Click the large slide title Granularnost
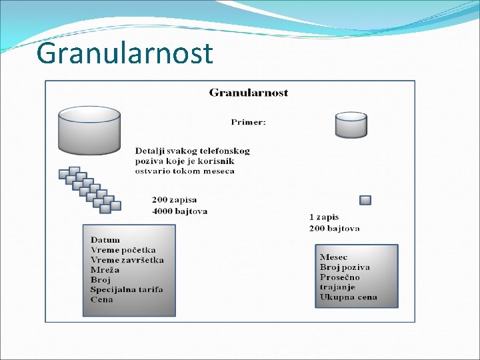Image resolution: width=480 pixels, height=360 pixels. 125,53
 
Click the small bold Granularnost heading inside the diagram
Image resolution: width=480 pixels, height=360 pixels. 248,93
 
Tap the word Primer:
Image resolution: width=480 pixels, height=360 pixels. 248,122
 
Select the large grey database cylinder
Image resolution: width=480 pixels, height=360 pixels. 89,129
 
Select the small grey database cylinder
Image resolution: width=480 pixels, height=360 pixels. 351,125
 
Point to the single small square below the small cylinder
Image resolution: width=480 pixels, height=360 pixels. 365,200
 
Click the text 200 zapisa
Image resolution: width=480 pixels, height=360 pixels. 174,200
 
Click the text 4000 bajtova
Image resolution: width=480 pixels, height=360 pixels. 179,211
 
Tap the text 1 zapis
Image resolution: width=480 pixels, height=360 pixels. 323,217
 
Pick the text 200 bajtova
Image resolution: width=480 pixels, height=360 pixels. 334,228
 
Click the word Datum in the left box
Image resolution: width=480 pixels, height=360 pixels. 105,239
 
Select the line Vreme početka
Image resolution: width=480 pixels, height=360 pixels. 123,249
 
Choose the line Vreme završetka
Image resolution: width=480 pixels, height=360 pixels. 127,259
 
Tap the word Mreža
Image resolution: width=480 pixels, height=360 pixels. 105,269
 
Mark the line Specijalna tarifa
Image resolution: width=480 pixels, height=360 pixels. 127,289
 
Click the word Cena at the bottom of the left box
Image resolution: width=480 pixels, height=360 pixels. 102,299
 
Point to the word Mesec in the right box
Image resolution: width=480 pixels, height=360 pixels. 333,257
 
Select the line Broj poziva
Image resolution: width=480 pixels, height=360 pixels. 344,267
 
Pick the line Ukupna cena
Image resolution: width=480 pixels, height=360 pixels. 348,297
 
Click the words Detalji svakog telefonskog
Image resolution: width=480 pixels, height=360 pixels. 192,151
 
